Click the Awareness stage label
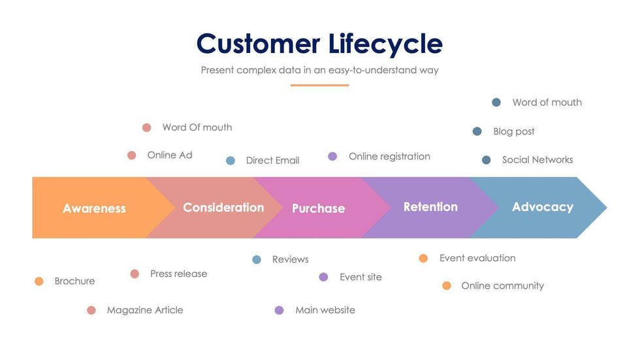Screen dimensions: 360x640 pos(94,208)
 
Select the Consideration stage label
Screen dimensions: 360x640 pos(223,207)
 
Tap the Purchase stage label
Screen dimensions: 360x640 pos(318,208)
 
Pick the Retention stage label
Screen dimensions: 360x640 pos(430,206)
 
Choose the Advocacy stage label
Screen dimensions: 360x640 pos(542,206)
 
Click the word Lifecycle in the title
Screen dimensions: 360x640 pos(385,44)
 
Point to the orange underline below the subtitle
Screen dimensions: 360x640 pos(319,85)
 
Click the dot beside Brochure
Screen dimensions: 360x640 pos(39,281)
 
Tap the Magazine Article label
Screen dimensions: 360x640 pos(145,310)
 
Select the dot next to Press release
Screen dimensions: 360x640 pos(135,274)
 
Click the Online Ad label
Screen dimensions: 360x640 pos(170,155)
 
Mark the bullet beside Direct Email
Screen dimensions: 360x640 pos(231,161)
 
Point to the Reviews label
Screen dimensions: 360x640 pos(290,259)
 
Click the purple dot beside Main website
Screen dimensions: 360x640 pos(280,310)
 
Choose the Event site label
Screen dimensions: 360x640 pos(360,277)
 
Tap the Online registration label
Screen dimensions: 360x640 pos(389,156)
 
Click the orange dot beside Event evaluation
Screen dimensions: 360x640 pos(423,258)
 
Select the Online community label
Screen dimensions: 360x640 pos(502,286)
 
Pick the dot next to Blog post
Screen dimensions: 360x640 pos(477,131)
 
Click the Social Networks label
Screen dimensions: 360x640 pos(537,159)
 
